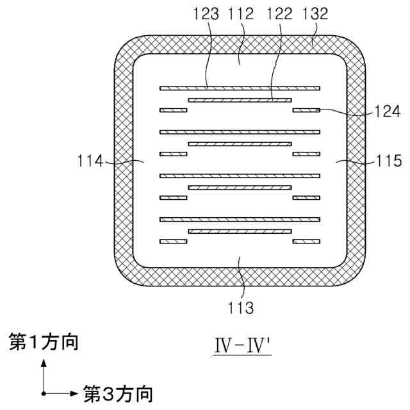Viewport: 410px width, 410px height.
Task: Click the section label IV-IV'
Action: pyautogui.click(x=243, y=346)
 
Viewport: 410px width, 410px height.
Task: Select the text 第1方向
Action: pyautogui.click(x=44, y=343)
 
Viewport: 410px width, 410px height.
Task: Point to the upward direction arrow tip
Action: pyautogui.click(x=44, y=361)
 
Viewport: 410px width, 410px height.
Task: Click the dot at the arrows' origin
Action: pyautogui.click(x=44, y=392)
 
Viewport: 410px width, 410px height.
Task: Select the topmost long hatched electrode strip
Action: pyautogui.click(x=240, y=88)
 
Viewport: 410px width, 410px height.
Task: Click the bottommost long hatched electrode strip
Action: pyautogui.click(x=240, y=219)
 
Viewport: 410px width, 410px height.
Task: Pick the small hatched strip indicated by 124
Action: pyautogui.click(x=306, y=110)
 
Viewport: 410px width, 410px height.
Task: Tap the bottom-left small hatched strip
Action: pyautogui.click(x=173, y=242)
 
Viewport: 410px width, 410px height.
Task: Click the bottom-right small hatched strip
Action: pyautogui.click(x=306, y=242)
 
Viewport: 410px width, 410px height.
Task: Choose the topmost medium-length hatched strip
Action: pyautogui.click(x=240, y=100)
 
